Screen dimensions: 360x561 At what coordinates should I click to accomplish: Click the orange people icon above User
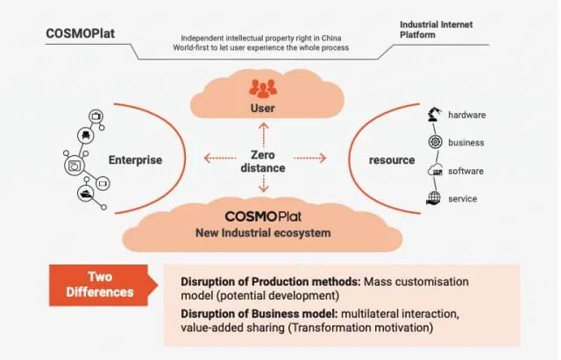262,88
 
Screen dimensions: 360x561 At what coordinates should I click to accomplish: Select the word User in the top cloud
262,109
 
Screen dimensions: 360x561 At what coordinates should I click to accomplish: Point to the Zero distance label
263,160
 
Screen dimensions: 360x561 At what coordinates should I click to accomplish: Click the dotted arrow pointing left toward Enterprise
219,159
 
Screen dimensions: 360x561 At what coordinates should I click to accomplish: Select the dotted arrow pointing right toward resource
309,159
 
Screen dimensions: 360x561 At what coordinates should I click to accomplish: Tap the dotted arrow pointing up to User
263,132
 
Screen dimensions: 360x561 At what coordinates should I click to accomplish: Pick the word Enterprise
135,160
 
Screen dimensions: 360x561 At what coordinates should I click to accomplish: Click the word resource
392,160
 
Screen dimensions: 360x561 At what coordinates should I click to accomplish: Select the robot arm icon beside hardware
433,115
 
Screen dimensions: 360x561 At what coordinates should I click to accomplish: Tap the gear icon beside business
433,143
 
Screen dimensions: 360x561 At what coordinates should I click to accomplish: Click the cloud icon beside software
433,171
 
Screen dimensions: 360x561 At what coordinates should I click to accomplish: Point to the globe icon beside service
433,199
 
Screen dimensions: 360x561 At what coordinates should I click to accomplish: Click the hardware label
466,115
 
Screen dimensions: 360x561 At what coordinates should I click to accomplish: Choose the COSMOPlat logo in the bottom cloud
263,216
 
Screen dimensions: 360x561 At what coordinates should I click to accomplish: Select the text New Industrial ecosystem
263,233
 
